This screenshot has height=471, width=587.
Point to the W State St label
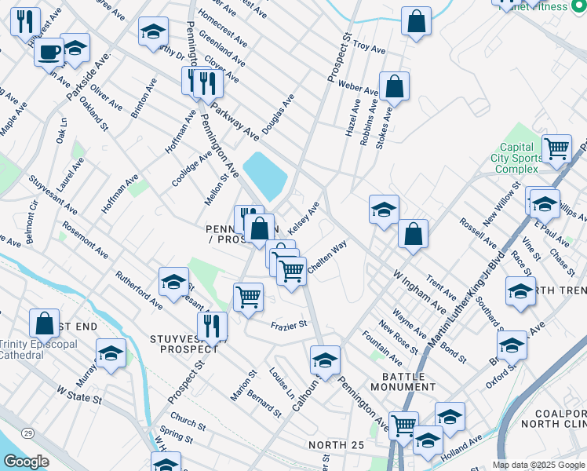point(79,394)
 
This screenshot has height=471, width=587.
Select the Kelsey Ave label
point(304,217)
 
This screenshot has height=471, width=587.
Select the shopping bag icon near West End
point(44,323)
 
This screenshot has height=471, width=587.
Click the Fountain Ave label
point(382,346)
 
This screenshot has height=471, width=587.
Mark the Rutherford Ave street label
point(139,290)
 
